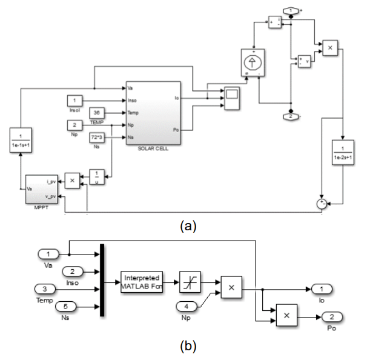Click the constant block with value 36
(x=97, y=112)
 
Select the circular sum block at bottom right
(x=322, y=204)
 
